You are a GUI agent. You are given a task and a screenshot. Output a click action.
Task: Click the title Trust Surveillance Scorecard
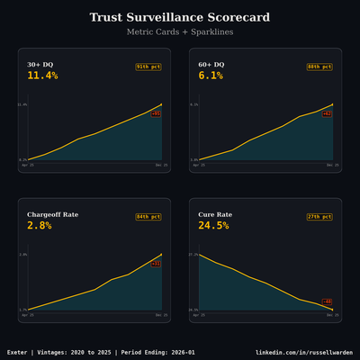180,18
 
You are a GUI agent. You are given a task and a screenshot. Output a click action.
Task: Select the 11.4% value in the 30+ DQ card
42,76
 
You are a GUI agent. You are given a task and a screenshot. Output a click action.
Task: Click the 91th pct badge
148,67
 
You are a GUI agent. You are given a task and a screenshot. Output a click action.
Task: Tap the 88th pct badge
319,67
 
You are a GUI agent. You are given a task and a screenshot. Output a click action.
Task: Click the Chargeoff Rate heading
52,215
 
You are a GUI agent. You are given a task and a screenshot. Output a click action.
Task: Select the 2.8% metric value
39,226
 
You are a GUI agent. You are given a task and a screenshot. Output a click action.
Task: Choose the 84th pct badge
148,217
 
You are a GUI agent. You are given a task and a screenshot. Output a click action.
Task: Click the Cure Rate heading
217,215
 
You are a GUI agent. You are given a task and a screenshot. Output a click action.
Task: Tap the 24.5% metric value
213,226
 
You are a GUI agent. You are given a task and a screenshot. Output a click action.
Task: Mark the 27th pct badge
319,217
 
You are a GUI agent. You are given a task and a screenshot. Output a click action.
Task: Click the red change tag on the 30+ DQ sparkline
156,114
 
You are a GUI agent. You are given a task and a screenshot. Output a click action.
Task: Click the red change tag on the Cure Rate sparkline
327,301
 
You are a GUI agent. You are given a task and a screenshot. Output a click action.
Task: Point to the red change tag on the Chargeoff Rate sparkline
156,265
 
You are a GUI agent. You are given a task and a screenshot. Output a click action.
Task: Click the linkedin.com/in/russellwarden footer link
304,352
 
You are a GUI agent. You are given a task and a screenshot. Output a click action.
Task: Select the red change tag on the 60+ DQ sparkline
327,114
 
